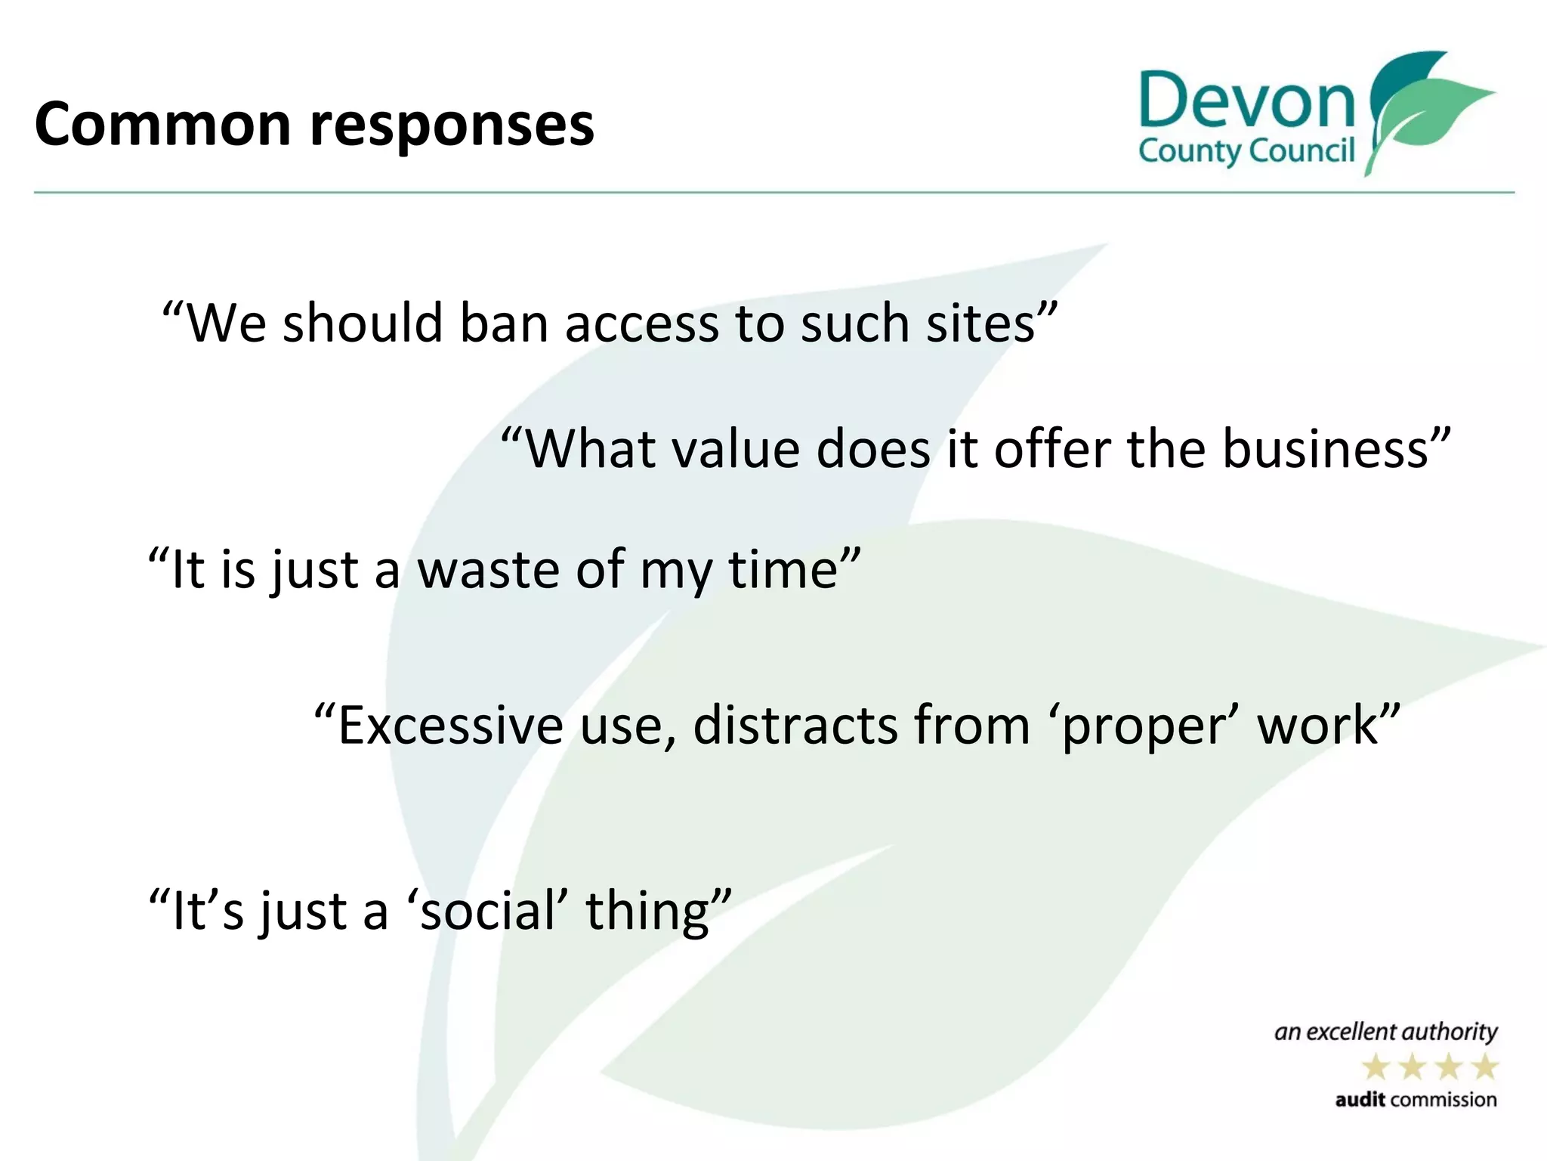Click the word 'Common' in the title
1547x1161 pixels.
tap(162, 124)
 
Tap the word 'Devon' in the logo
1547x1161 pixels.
tap(1247, 101)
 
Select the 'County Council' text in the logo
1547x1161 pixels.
tap(1246, 151)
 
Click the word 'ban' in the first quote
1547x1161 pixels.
tap(504, 324)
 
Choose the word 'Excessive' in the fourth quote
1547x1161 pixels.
tap(450, 725)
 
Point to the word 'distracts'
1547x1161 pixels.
tap(795, 725)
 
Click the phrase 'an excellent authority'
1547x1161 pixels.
tap(1385, 1033)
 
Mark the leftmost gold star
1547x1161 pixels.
tap(1376, 1068)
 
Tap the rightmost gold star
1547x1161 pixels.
tap(1485, 1068)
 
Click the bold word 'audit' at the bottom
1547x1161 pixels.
tap(1360, 1100)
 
